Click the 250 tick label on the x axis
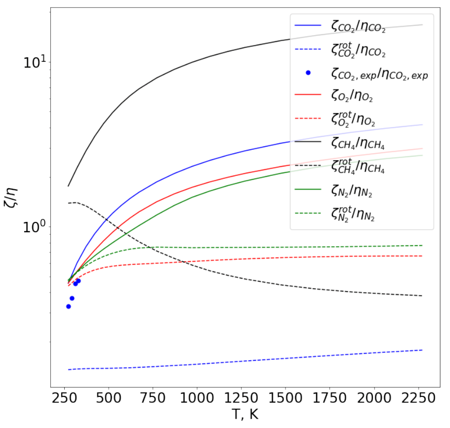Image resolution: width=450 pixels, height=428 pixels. coord(65,398)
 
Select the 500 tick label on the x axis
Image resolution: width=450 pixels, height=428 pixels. coord(108,398)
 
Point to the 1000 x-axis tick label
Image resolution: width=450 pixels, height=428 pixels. coord(197,398)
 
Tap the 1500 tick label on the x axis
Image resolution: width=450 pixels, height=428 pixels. coord(285,398)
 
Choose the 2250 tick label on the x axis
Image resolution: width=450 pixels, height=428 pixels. coord(418,398)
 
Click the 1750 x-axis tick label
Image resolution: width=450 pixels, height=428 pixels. coord(329,398)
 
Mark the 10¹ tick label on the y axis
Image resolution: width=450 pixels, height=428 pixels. coord(37,63)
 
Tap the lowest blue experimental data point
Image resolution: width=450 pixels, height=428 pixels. coord(69,306)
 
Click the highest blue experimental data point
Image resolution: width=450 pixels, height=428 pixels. coord(78,281)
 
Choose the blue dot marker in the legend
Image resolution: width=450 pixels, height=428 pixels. coord(308,73)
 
